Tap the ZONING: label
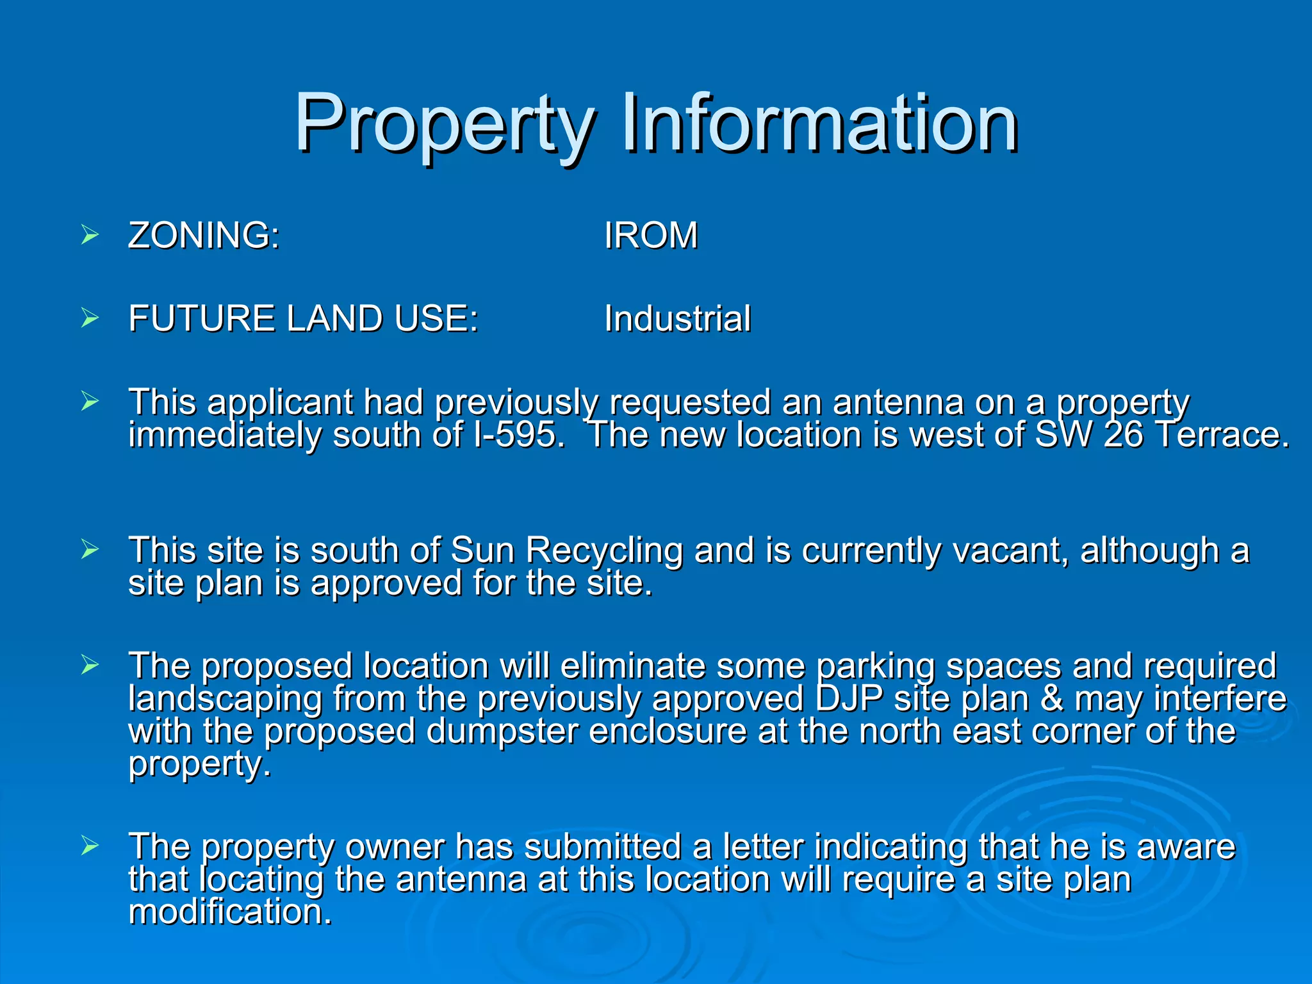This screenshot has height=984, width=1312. (204, 235)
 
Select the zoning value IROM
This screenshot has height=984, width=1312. (650, 235)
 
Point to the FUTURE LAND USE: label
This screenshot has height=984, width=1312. (303, 318)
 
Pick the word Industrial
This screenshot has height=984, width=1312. (677, 318)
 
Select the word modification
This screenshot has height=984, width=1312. (230, 912)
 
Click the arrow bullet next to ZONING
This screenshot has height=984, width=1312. (90, 235)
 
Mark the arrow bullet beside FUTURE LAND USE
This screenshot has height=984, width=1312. (90, 318)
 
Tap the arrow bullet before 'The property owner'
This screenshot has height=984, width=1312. (90, 847)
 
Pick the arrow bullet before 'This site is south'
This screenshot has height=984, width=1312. (90, 550)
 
